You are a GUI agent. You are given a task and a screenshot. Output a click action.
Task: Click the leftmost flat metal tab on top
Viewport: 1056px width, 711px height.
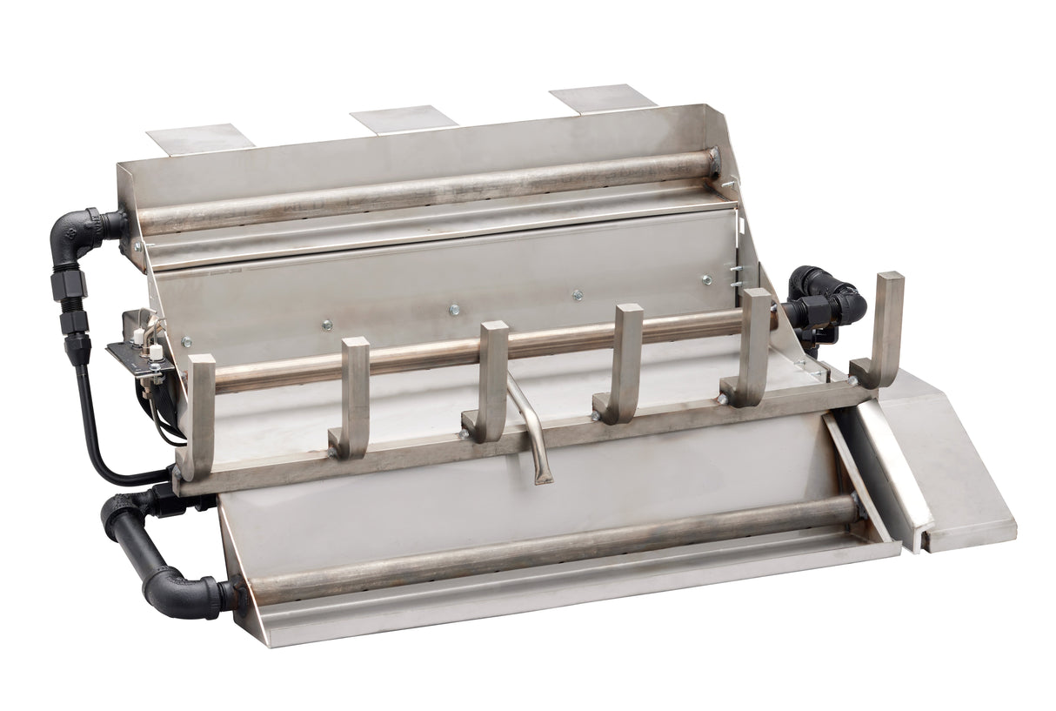(200, 138)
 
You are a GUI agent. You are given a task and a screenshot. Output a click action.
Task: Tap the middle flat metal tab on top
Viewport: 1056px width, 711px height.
(403, 118)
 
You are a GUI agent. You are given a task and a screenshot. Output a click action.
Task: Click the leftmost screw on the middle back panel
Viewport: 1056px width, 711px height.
(326, 325)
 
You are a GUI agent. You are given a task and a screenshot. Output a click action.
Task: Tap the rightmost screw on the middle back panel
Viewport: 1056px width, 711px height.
(705, 280)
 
